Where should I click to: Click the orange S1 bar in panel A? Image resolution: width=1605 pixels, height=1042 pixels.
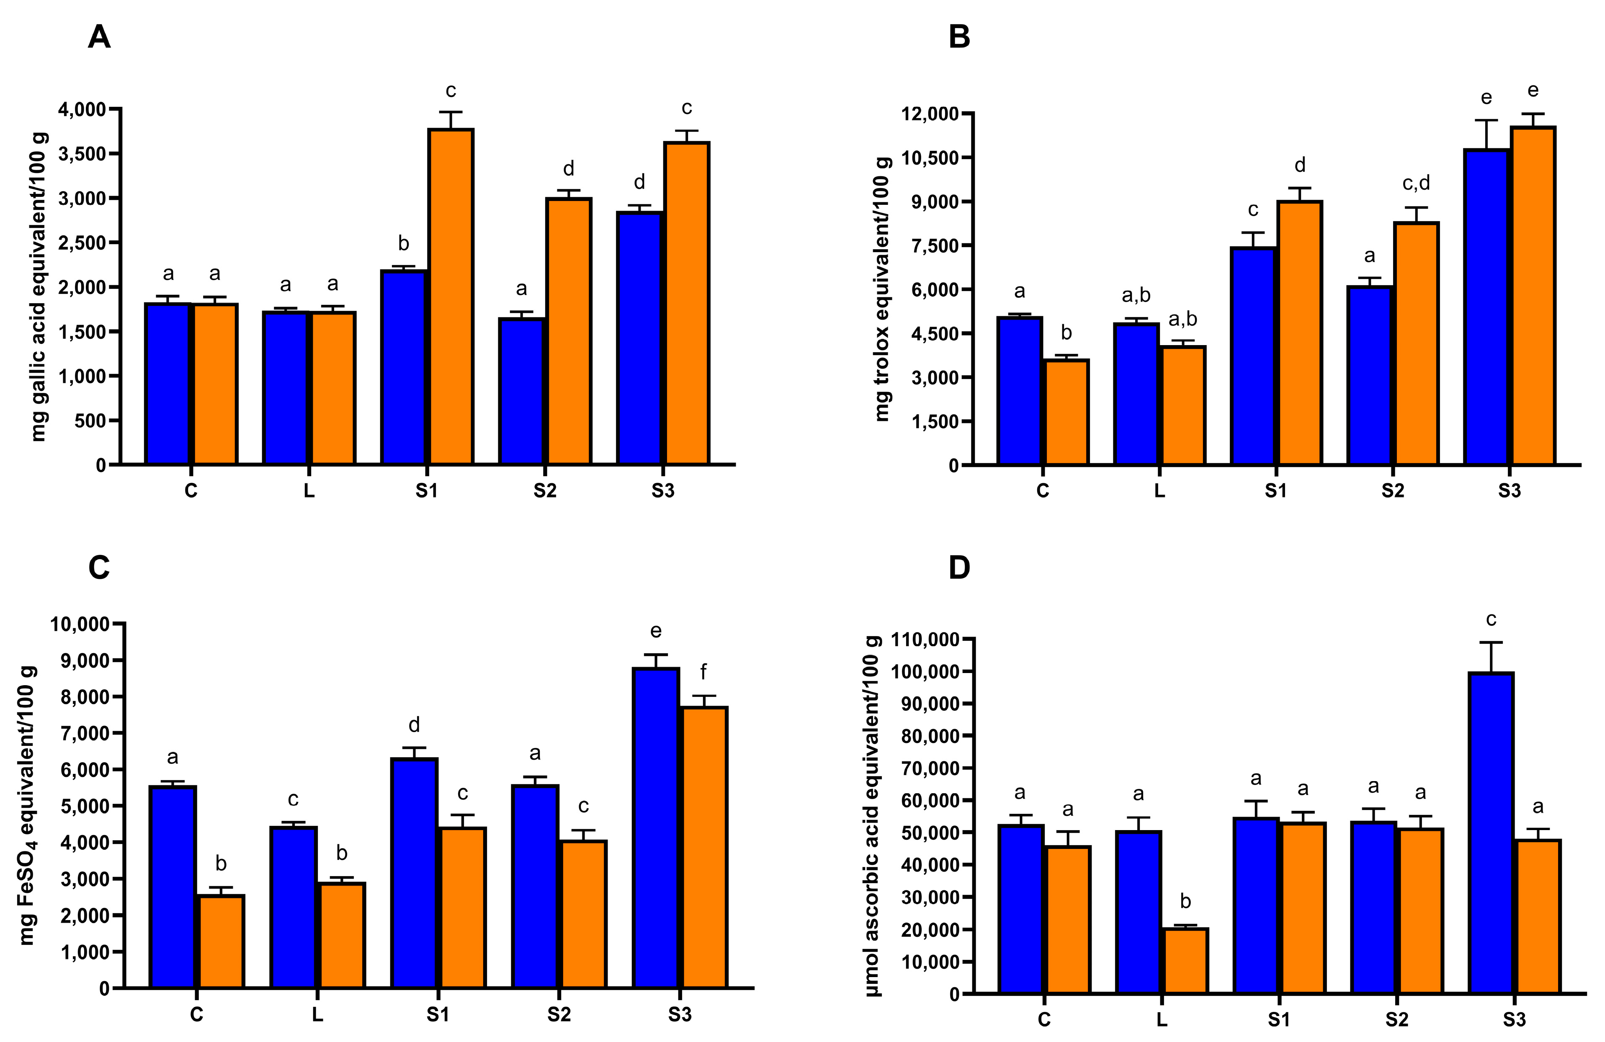tap(451, 297)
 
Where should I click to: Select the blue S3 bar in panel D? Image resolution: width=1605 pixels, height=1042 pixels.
tap(1491, 833)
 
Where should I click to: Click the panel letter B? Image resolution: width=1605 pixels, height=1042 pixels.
tap(959, 38)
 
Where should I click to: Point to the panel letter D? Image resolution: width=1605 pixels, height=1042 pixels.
tap(959, 568)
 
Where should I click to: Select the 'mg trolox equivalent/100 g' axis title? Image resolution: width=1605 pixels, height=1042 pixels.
tap(882, 289)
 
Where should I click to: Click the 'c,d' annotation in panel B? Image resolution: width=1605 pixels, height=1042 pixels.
tap(1415, 183)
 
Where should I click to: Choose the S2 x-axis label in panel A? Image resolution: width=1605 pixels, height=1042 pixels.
tap(545, 491)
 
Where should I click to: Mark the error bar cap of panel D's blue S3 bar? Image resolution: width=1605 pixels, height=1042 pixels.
tap(1491, 642)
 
